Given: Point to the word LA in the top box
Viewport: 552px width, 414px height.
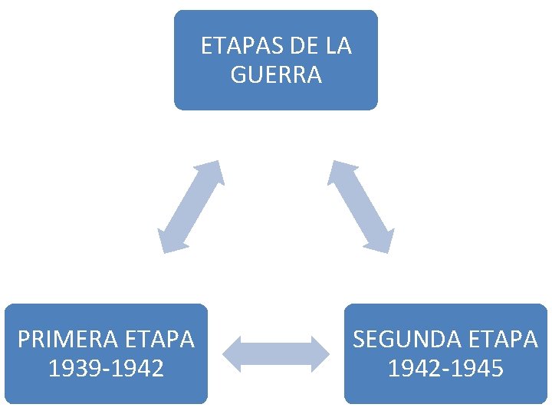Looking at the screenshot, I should click(x=338, y=46).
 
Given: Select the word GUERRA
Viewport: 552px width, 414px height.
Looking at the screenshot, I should click(x=276, y=75).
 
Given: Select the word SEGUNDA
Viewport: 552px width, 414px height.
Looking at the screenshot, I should click(x=401, y=339).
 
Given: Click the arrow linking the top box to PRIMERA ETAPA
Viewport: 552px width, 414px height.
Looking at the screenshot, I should click(x=190, y=206).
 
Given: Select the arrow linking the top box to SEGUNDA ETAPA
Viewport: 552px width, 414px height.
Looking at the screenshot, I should click(x=360, y=206).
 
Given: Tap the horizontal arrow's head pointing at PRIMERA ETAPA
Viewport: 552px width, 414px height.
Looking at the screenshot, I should click(x=232, y=353).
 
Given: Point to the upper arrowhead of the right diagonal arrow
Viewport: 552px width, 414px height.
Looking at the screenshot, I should click(x=340, y=171).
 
